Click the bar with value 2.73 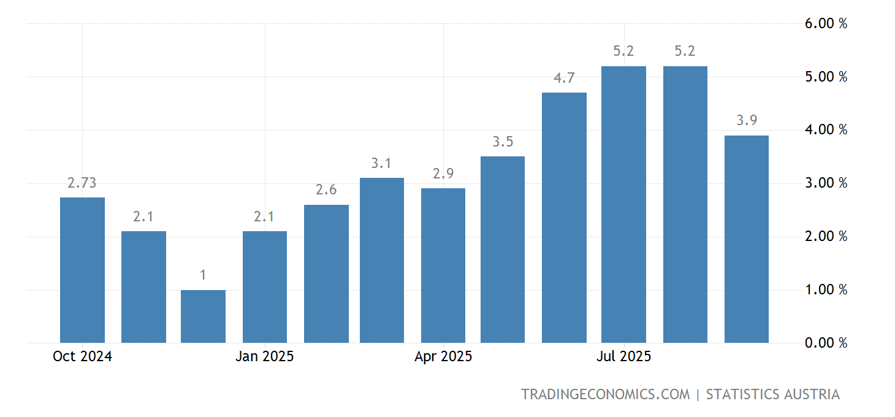coord(82,270)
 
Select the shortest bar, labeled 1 coord(203,316)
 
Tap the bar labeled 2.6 coord(326,274)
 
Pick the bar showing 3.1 coord(382,260)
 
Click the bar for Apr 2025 coord(443,266)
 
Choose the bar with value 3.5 coord(503,250)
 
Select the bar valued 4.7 coord(564,218)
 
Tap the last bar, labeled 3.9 coord(747,239)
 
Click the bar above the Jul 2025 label coord(623,204)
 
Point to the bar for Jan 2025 coord(265,287)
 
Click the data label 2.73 coord(82,183)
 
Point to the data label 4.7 coord(564,78)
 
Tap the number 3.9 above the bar coord(747,121)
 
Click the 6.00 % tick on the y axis coord(826,24)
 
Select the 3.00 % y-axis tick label coord(826,183)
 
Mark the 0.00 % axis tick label coord(826,343)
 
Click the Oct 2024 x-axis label coord(82,357)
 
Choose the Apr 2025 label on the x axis coord(443,357)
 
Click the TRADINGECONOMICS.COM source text coord(605,394)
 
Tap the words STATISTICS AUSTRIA coord(772,394)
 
